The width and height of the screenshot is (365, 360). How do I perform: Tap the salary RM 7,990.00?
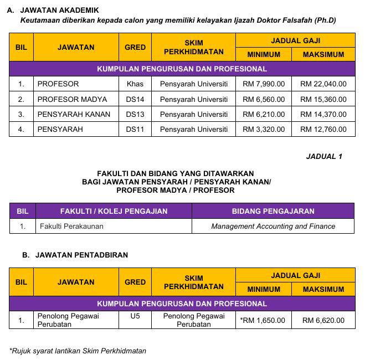pos(264,84)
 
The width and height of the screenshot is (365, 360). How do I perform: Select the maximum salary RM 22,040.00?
pos(323,84)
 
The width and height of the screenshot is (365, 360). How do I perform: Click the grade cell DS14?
pos(135,100)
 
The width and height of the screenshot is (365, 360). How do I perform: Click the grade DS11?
pos(135,130)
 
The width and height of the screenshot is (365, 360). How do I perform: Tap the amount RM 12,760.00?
pos(323,130)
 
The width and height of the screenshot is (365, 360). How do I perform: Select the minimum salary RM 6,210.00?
pos(264,115)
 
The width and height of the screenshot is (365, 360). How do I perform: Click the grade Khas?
pos(135,84)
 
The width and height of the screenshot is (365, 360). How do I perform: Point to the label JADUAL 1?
pos(324,156)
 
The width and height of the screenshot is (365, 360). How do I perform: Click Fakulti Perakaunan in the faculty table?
pos(71,226)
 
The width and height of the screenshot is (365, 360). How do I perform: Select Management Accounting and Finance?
pos(273,226)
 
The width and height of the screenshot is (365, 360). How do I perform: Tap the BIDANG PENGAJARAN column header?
pos(273,211)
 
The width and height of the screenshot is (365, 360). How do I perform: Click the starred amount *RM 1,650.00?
pos(263,320)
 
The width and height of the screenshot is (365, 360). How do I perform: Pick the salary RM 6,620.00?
pos(323,320)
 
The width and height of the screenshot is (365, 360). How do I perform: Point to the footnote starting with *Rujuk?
pos(78,351)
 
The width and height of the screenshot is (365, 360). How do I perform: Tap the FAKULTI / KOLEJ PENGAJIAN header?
pos(114,211)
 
